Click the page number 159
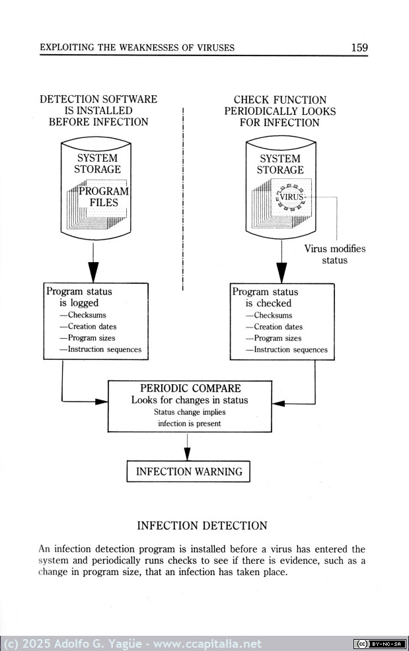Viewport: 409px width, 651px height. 359,48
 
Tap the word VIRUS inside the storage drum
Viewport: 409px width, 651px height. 292,197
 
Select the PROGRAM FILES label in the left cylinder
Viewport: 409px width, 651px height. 104,197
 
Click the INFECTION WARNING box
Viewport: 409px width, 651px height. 188,471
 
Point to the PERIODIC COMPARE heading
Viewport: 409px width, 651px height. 190,388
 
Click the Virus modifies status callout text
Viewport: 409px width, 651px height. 334,254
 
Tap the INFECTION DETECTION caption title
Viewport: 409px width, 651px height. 202,526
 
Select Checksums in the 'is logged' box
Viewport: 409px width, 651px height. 87,315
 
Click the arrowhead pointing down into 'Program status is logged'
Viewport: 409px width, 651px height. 94,272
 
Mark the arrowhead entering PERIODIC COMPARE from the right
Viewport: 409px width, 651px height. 278,403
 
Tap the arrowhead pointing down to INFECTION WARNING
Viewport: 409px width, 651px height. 188,454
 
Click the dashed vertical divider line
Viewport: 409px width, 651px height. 183,199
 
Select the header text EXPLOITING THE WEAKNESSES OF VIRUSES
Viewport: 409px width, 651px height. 137,48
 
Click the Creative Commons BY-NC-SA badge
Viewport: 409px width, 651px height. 380,644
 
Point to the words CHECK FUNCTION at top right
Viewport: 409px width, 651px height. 280,100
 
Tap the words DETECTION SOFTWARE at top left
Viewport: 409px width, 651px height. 98,99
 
